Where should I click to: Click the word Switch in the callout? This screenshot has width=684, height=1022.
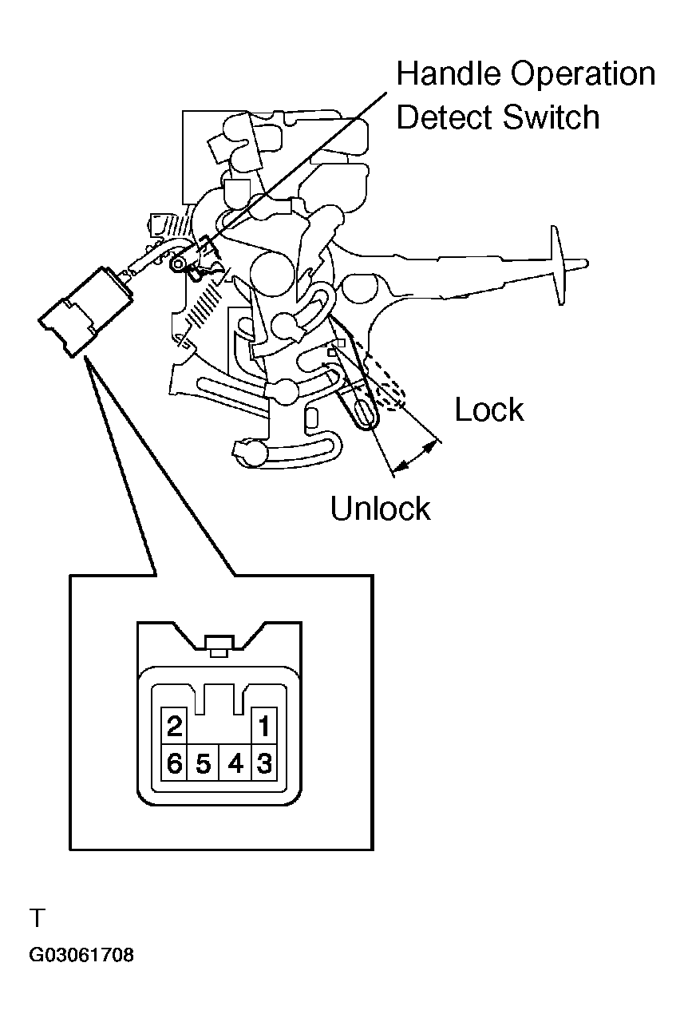[551, 117]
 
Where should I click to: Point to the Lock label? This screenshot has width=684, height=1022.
[488, 410]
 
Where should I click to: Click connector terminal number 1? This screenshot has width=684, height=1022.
[264, 726]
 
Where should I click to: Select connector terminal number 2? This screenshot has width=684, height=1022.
[175, 726]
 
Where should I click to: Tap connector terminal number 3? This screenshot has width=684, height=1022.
[264, 763]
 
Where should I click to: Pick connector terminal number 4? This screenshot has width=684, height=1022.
[235, 763]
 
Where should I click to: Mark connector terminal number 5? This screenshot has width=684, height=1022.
[204, 763]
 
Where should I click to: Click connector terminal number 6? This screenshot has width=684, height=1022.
[175, 763]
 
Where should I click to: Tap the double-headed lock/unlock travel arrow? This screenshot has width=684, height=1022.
[414, 456]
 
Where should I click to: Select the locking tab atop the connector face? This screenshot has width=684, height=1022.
[219, 646]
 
